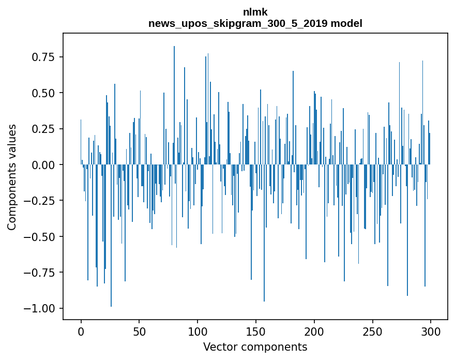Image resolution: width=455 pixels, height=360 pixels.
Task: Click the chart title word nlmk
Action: [255, 12]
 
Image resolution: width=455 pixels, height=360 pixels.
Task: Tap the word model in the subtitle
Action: [346, 24]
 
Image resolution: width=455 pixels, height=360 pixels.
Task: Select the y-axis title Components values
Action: [12, 177]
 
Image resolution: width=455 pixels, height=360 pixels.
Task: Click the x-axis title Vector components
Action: [255, 347]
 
